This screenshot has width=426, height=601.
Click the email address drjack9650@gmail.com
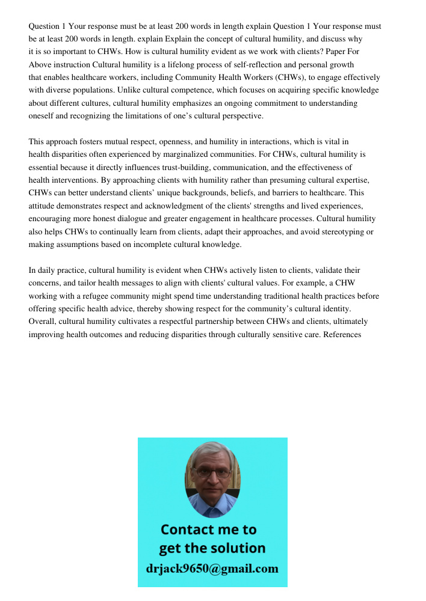click(x=212, y=568)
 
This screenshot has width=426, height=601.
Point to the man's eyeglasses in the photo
click(x=213, y=472)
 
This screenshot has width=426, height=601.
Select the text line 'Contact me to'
click(x=209, y=529)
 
